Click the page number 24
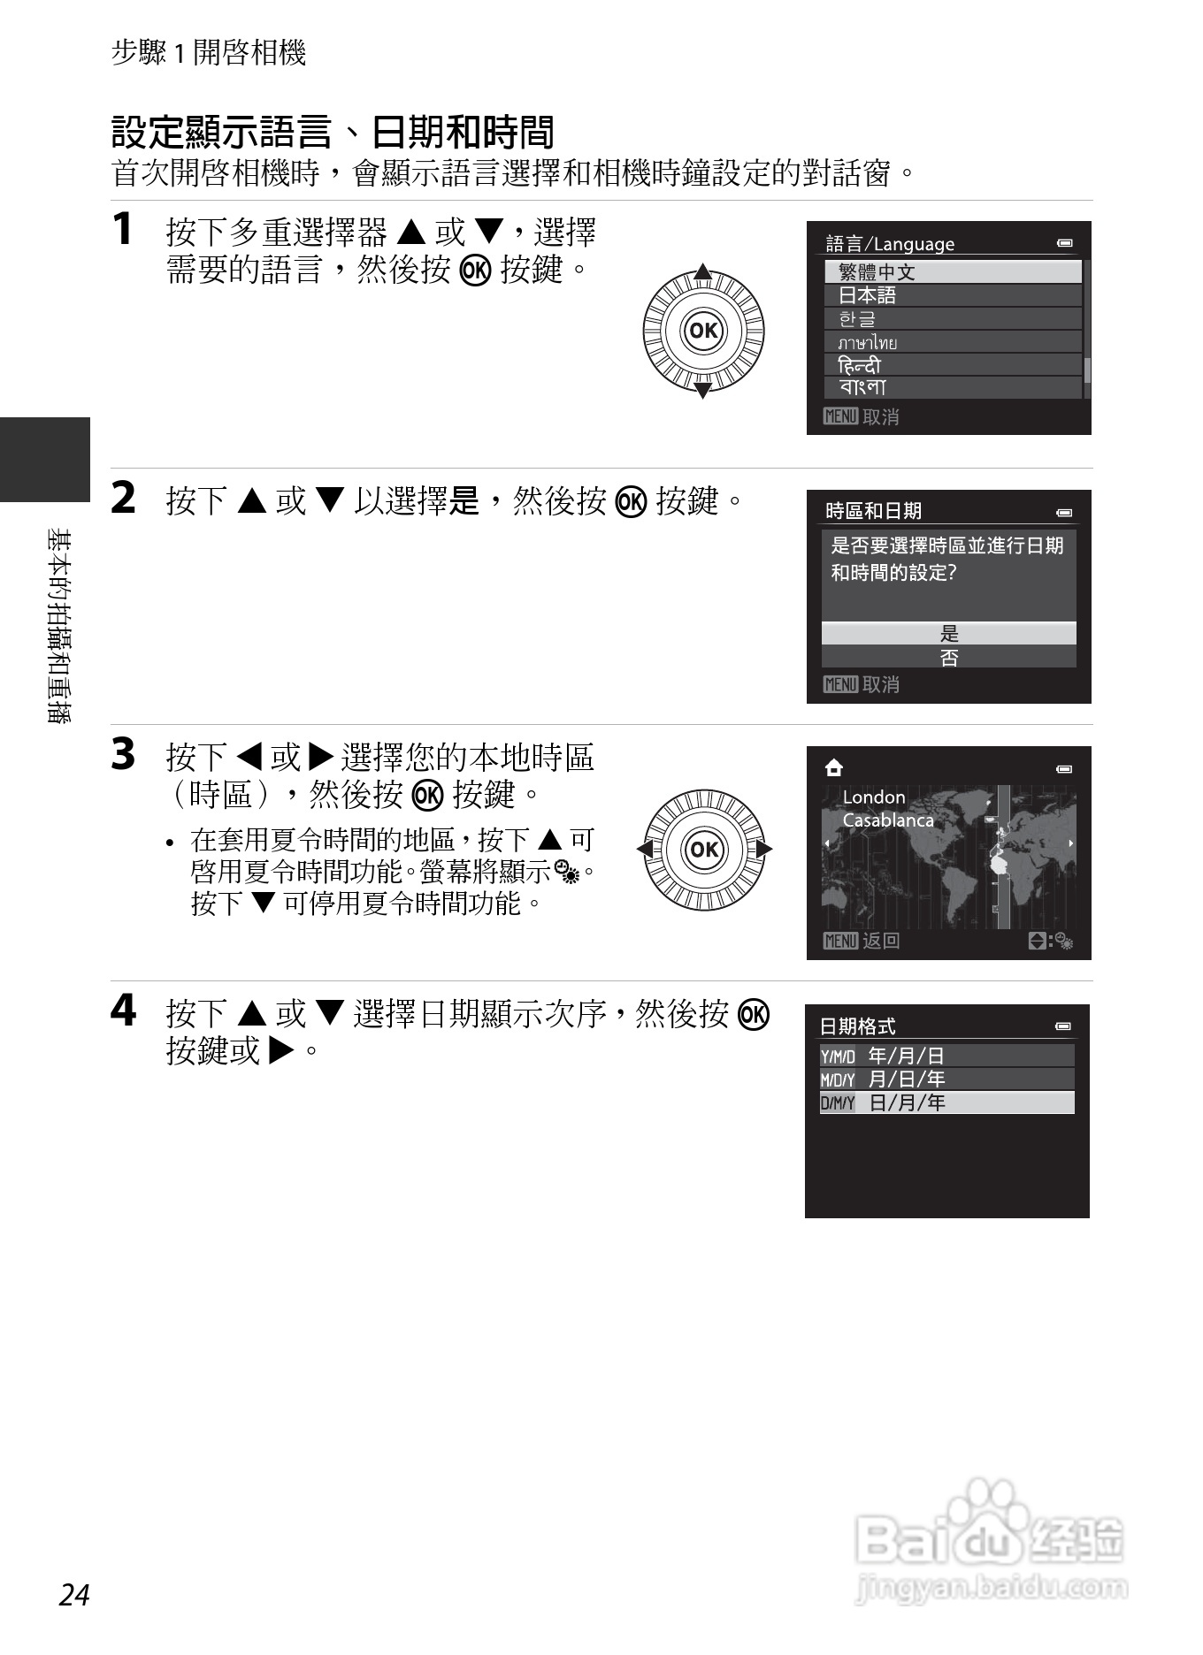pos(75,1594)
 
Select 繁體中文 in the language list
pos(952,271)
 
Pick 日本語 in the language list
pos(952,295)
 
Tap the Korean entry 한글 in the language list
pos(952,318)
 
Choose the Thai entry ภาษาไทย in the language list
pos(952,342)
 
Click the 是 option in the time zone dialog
pos(948,633)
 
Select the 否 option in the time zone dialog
pos(948,657)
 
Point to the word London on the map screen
pos(874,797)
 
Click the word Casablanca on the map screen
pos(888,820)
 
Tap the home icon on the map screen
pos(833,768)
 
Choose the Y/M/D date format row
pos(946,1056)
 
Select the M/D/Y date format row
pos(946,1079)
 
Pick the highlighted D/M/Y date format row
pos(946,1102)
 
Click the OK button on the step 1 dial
pos(703,331)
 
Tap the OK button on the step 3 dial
pos(703,850)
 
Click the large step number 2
pos(123,497)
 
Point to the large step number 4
pos(123,1010)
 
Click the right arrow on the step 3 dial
pos(764,850)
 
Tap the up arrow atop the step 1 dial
pos(703,271)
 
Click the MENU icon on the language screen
pos(839,416)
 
